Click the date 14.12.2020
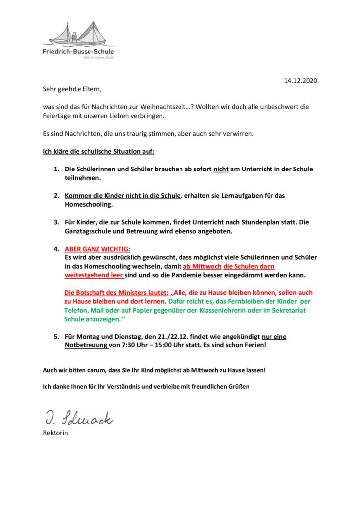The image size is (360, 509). (300, 81)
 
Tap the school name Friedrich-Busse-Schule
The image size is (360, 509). (78, 51)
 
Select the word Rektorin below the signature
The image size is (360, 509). (55, 432)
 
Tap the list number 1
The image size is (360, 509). (56, 169)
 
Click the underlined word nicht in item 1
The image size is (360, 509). (221, 169)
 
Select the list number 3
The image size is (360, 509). (56, 222)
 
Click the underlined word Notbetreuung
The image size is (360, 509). (86, 345)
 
